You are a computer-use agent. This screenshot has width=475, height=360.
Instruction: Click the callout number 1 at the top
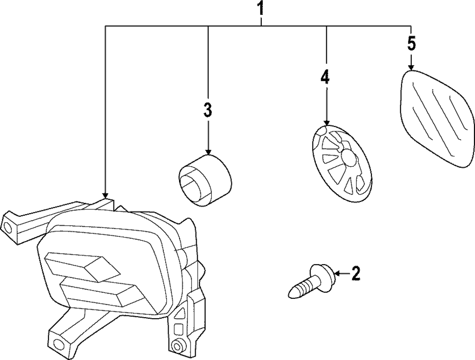260,8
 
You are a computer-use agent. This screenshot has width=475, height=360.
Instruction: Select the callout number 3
208,110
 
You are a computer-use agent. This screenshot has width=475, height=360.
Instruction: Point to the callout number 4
325,77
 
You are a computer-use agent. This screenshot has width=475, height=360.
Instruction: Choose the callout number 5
411,44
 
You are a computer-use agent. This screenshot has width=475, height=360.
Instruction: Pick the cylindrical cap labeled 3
204,178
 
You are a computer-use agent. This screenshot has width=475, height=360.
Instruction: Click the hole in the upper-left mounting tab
8,227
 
